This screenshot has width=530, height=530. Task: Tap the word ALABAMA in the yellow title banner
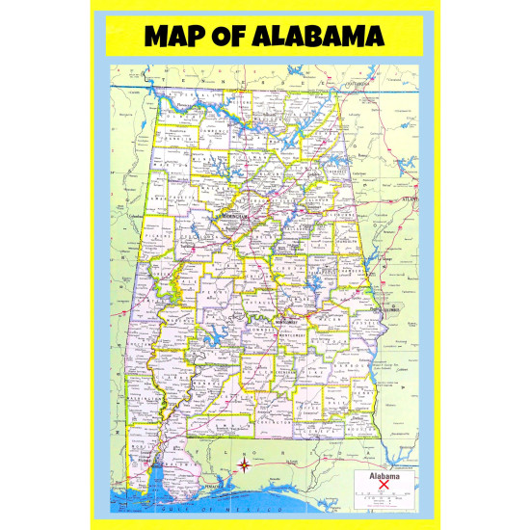click(x=322, y=36)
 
